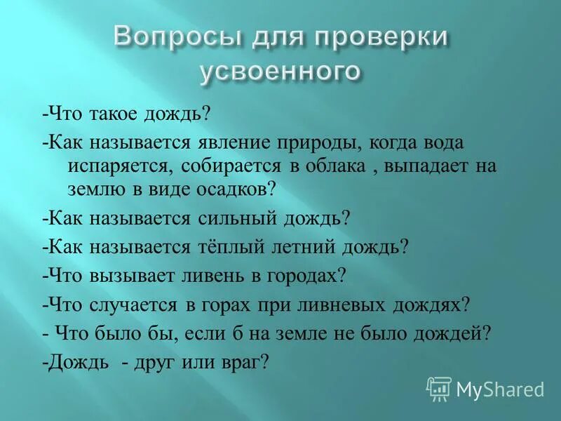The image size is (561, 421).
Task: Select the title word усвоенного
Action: click(x=280, y=71)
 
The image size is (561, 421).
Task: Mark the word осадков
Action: click(x=236, y=189)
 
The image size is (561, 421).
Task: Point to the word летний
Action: click(x=314, y=246)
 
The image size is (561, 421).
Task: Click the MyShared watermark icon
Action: click(x=439, y=388)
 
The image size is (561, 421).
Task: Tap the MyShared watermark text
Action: click(x=500, y=389)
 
